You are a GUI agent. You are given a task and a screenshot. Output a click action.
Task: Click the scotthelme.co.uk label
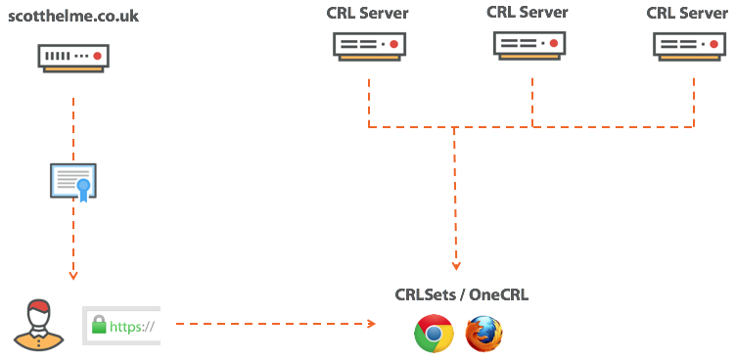click(72, 17)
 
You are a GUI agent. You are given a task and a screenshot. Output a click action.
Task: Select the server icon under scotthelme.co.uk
click(72, 57)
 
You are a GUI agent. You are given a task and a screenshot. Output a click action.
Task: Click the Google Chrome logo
click(434, 334)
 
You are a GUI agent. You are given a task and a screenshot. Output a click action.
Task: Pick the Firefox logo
click(483, 334)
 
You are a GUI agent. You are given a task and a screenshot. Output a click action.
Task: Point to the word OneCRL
click(500, 294)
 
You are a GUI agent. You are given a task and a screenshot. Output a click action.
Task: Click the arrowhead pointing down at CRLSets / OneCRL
click(456, 266)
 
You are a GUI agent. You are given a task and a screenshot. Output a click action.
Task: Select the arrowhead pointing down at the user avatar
click(73, 277)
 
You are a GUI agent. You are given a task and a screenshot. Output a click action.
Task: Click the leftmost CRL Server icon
click(368, 45)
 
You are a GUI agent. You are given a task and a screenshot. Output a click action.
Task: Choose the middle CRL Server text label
click(528, 12)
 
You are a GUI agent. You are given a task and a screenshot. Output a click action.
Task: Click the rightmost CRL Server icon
click(690, 45)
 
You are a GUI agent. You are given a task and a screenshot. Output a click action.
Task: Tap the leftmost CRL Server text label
click(368, 14)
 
